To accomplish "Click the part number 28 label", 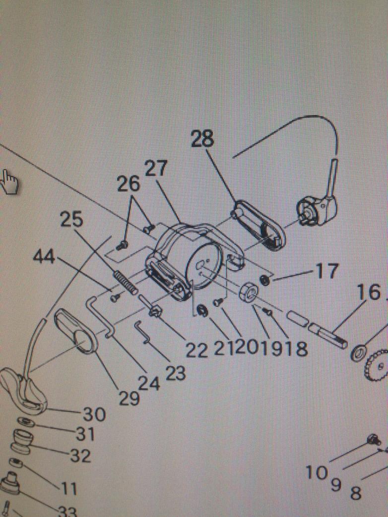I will tap(202, 140).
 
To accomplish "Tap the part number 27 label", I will tap(157, 170).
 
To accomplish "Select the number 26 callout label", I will tap(129, 184).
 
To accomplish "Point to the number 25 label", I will tap(72, 220).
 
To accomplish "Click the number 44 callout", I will tap(45, 257).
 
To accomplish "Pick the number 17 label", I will tap(326, 271).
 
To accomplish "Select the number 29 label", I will tap(129, 398).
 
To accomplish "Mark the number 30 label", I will tap(93, 414).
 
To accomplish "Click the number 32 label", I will tap(80, 456).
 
